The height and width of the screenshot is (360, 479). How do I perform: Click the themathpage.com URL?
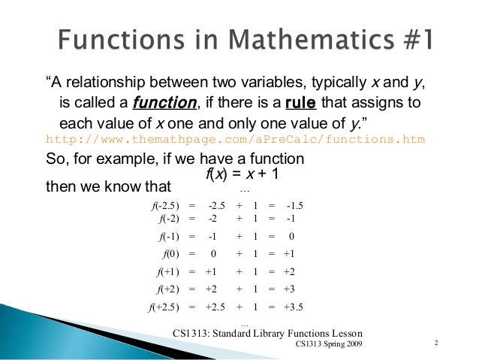pyautogui.click(x=235, y=139)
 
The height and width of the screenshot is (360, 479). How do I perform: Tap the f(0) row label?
pyautogui.click(x=169, y=254)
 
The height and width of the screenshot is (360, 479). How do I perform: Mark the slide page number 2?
pyautogui.click(x=436, y=343)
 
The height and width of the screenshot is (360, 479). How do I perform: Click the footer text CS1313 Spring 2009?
pyautogui.click(x=328, y=344)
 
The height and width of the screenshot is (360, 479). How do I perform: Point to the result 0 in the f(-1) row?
pyautogui.click(x=291, y=237)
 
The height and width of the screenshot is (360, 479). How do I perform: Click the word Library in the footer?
pyautogui.click(x=275, y=333)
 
